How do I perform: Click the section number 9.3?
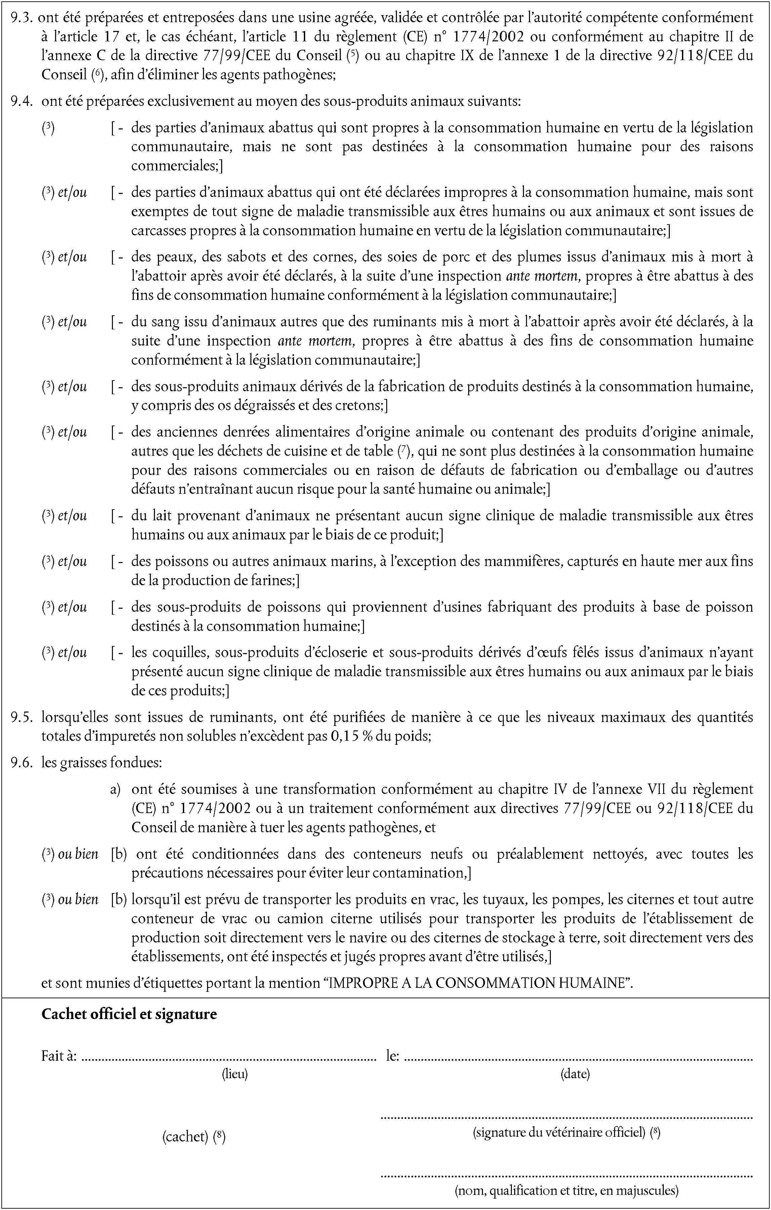[22, 17]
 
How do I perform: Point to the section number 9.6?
[22, 763]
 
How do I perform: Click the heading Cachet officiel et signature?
[129, 1014]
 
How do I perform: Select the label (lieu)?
[235, 1074]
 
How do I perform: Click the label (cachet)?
[185, 1137]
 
